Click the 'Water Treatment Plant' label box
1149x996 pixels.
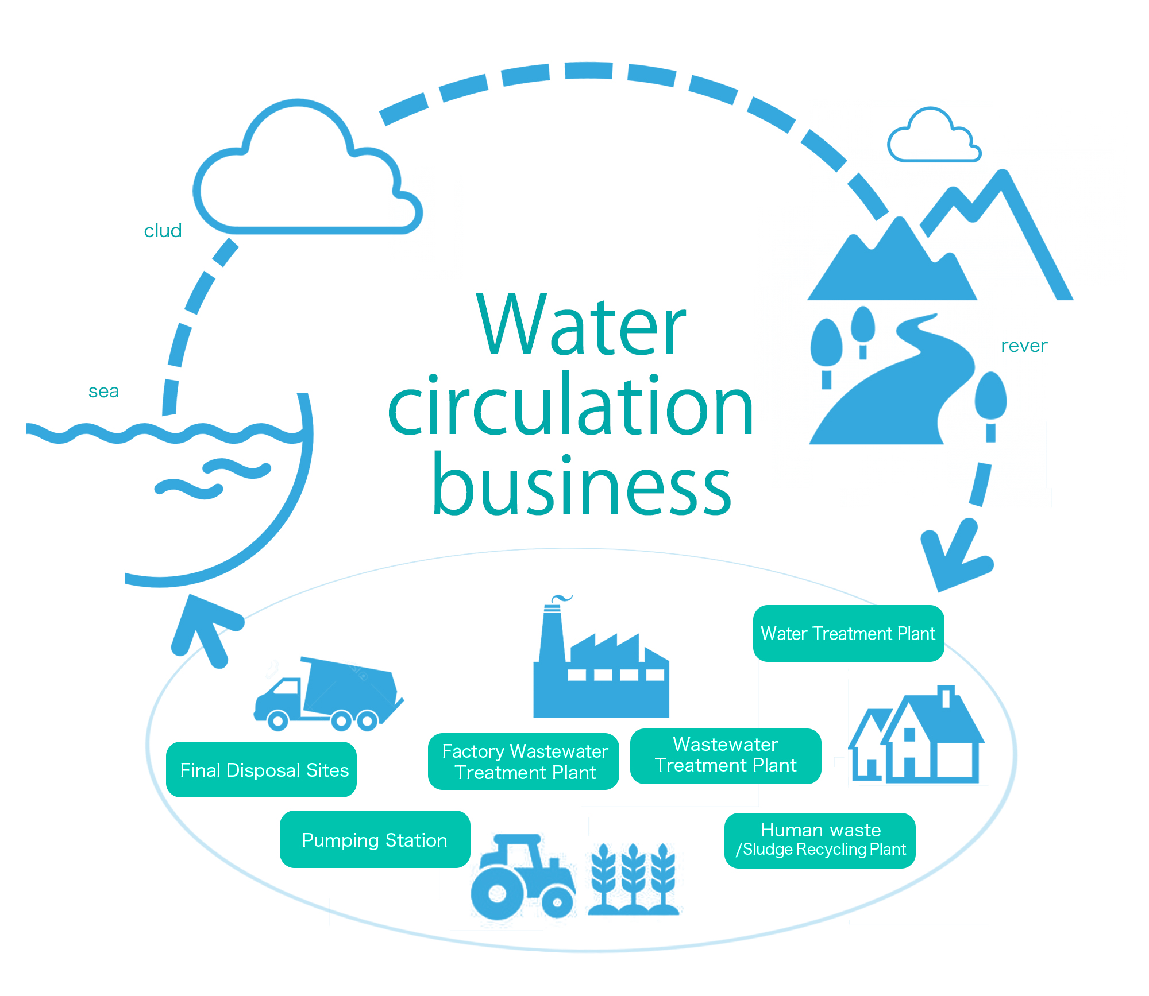(848, 633)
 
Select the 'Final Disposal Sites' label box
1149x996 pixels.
(261, 769)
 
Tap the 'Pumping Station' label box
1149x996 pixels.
(375, 839)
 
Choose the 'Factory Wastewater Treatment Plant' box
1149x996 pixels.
(523, 761)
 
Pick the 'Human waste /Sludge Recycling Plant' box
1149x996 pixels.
(819, 840)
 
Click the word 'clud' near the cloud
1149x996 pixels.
(163, 231)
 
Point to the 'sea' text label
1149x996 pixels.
(103, 391)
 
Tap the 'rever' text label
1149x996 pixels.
(1024, 346)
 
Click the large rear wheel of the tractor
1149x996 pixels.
(498, 893)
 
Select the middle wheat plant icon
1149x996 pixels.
(633, 878)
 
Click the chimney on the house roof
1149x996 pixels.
(946, 696)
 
